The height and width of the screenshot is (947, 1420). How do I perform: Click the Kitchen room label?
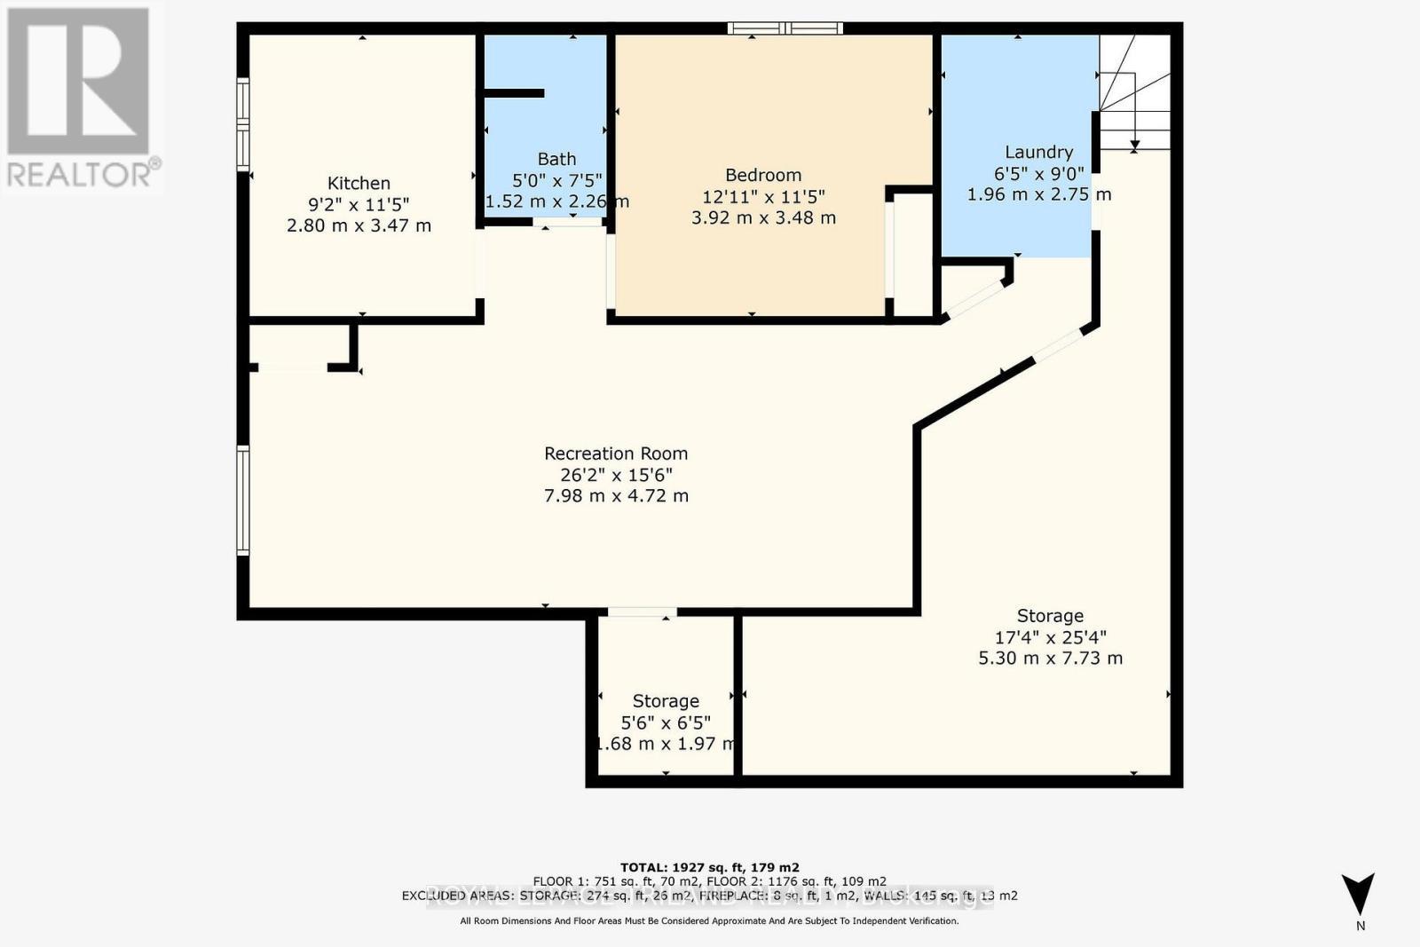pyautogui.click(x=359, y=183)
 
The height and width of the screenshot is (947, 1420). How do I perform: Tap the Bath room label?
pyautogui.click(x=556, y=159)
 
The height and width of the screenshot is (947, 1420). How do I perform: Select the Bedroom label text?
pyautogui.click(x=762, y=175)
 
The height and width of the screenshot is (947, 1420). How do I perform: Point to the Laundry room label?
pyautogui.click(x=1038, y=152)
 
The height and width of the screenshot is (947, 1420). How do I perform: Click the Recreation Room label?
pyautogui.click(x=616, y=454)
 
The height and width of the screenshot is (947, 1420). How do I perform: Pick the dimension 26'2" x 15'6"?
pyautogui.click(x=616, y=475)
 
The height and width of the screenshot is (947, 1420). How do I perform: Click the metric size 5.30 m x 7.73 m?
pyautogui.click(x=1050, y=659)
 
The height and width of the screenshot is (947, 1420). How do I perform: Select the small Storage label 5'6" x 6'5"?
pyautogui.click(x=666, y=701)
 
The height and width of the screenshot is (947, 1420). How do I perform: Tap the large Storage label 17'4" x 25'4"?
pyautogui.click(x=1050, y=616)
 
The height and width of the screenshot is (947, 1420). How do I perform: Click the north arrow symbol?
pyautogui.click(x=1358, y=893)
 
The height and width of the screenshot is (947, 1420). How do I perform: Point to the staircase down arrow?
pyautogui.click(x=1134, y=145)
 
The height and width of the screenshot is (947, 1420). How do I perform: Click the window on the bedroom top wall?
pyautogui.click(x=785, y=28)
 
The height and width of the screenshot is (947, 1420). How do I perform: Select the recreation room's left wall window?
pyautogui.click(x=243, y=501)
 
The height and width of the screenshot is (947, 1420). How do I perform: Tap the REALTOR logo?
pyautogui.click(x=81, y=98)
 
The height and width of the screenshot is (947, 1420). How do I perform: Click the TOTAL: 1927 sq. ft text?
pyautogui.click(x=709, y=867)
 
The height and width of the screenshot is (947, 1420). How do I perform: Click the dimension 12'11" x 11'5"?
pyautogui.click(x=762, y=196)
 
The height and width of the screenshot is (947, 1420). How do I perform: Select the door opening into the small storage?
pyautogui.click(x=642, y=612)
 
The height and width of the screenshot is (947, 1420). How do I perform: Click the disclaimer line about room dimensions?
pyautogui.click(x=709, y=921)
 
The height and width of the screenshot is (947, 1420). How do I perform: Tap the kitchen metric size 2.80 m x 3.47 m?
pyautogui.click(x=359, y=225)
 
